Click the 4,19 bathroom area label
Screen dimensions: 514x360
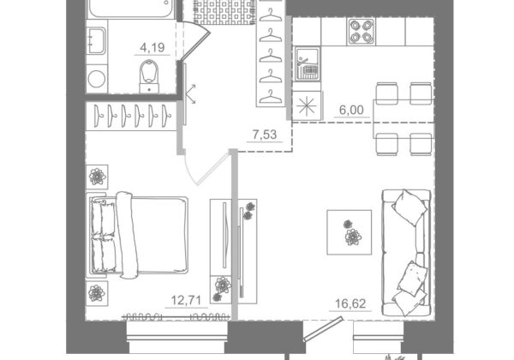coord(152,48)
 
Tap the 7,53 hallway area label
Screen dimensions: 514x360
coord(265,135)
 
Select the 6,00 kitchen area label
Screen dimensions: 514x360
coord(351,110)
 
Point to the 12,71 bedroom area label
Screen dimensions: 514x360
coord(186,300)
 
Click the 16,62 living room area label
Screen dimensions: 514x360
coord(350,303)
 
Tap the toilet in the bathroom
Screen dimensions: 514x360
coord(149,76)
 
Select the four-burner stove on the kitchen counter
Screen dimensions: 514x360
coord(362,32)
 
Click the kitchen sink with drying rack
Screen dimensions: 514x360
coord(308,64)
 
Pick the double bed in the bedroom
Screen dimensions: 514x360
coord(138,235)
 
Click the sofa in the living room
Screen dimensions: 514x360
coord(406,253)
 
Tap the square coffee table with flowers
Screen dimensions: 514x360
coord(350,232)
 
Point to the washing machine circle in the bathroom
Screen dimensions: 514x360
coord(97,79)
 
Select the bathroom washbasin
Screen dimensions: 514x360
coord(97,40)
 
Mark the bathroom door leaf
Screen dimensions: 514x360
coord(195,45)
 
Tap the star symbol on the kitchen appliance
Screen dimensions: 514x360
coord(308,106)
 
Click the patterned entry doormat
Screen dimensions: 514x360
coord(224,12)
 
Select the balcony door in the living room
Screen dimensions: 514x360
coord(323,329)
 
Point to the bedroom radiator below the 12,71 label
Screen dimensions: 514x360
coord(175,317)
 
